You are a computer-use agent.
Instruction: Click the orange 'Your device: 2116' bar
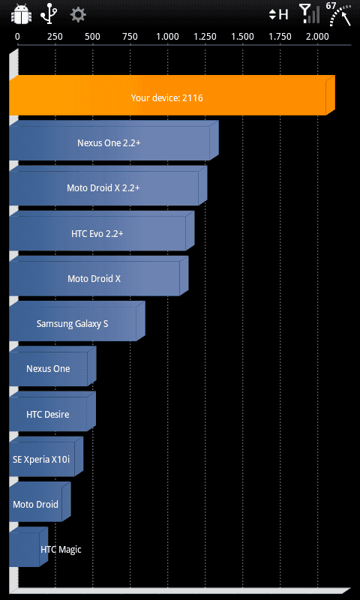click(x=172, y=96)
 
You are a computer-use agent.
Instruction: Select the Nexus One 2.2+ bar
click(x=113, y=141)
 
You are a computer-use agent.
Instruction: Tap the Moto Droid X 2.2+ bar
click(x=108, y=186)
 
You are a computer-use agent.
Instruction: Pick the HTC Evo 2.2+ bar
click(x=101, y=231)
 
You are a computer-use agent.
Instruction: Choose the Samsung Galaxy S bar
click(x=77, y=322)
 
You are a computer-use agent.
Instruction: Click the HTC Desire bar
click(x=52, y=412)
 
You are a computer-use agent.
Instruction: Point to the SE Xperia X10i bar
click(x=46, y=457)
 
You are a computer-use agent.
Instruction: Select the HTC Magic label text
click(x=61, y=550)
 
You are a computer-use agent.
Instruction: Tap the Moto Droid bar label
click(x=35, y=504)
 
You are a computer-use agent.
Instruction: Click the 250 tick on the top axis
click(x=55, y=37)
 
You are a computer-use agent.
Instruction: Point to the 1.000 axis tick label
click(x=167, y=37)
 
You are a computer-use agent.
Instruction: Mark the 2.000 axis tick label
click(x=317, y=37)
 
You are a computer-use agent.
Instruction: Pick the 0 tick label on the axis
click(x=17, y=37)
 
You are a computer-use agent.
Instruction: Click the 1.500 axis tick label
click(x=242, y=37)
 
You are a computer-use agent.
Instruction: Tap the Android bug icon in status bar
click(x=20, y=14)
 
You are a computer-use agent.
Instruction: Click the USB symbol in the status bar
click(x=49, y=14)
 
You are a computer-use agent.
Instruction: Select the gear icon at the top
click(x=78, y=15)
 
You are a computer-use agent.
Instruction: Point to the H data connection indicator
click(x=278, y=14)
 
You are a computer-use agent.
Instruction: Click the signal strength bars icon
click(x=310, y=14)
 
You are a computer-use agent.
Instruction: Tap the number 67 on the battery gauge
click(x=331, y=6)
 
